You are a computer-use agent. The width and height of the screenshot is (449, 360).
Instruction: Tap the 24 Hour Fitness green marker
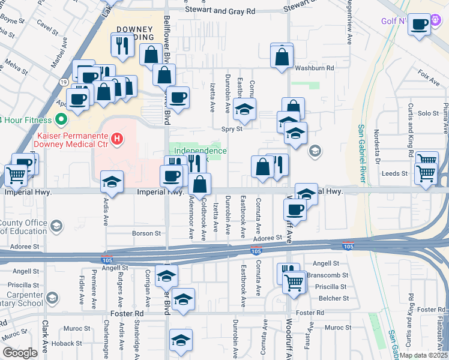[60, 120]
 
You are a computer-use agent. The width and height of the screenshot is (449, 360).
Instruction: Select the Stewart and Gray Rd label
[220, 11]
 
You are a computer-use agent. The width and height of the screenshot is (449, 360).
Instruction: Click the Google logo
[20, 353]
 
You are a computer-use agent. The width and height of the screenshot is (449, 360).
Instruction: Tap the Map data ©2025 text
[423, 355]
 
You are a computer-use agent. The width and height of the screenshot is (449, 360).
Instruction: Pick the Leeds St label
[394, 174]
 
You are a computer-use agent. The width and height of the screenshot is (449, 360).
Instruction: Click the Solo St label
[428, 113]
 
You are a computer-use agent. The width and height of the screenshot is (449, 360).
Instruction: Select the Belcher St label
[334, 298]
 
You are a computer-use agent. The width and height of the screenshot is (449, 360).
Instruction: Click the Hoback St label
[66, 344]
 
